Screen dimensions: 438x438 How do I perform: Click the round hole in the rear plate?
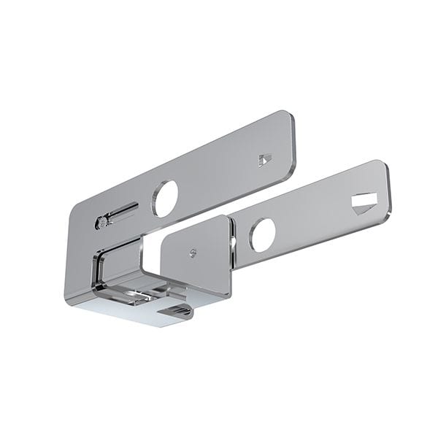[165, 198]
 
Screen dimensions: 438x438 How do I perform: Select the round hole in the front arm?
[262, 235]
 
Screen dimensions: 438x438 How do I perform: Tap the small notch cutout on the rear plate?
[264, 159]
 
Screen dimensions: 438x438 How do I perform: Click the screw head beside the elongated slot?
[101, 221]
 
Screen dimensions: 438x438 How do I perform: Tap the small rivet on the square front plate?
[192, 253]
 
